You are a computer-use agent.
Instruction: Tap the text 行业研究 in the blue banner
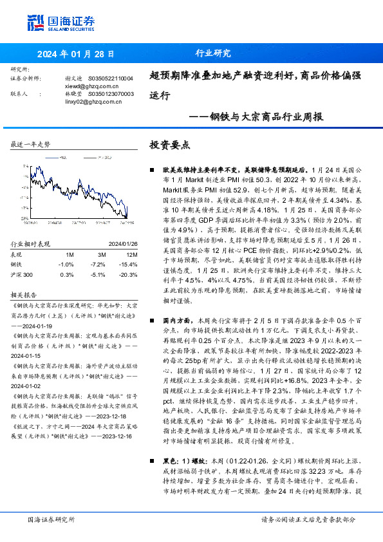[x=212, y=54]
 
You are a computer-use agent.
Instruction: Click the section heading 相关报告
[x=24, y=294]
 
